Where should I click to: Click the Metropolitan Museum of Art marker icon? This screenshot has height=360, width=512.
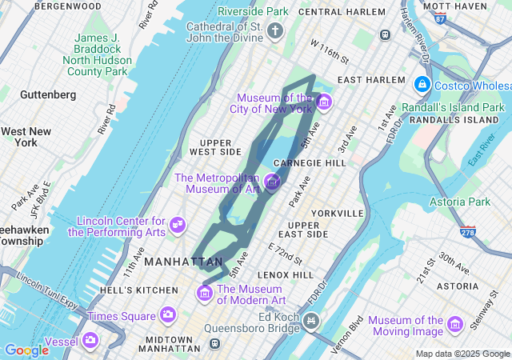(272, 182)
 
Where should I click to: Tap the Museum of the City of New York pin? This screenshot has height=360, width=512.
(323, 102)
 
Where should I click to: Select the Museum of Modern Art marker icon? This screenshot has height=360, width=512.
(205, 294)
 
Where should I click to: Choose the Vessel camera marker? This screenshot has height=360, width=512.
(90, 341)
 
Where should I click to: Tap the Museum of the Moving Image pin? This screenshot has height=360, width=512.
(455, 325)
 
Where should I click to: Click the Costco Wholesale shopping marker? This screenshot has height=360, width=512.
(422, 84)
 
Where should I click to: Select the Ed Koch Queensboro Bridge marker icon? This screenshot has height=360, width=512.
(310, 322)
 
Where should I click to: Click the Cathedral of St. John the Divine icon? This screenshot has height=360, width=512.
(275, 32)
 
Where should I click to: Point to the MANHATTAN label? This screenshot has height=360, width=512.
(184, 262)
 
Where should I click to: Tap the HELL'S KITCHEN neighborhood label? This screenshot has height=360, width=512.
(140, 290)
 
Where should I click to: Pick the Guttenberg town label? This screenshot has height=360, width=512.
(48, 94)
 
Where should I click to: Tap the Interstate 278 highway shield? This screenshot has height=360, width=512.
(468, 231)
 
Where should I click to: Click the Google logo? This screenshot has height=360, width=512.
(26, 350)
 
